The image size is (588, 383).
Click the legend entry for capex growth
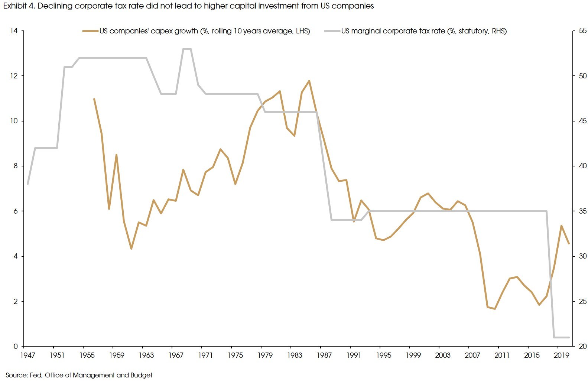[204, 31]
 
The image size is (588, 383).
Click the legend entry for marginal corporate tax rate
[423, 31]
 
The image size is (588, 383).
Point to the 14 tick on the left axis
[14, 31]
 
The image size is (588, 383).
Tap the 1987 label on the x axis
[324, 355]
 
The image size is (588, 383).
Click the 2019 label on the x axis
[561, 355]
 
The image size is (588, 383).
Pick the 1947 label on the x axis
[27, 355]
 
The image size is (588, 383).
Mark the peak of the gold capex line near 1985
[309, 81]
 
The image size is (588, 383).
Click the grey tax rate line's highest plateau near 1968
[187, 49]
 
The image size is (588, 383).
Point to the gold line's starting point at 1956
[94, 99]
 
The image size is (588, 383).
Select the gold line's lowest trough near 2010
[494, 309]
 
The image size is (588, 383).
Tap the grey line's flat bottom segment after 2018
[561, 337]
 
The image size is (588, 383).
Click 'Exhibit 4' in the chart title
[18, 6]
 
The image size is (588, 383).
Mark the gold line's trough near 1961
[131, 249]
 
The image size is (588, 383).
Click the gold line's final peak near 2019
[561, 225]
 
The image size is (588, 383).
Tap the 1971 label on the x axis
[205, 355]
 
